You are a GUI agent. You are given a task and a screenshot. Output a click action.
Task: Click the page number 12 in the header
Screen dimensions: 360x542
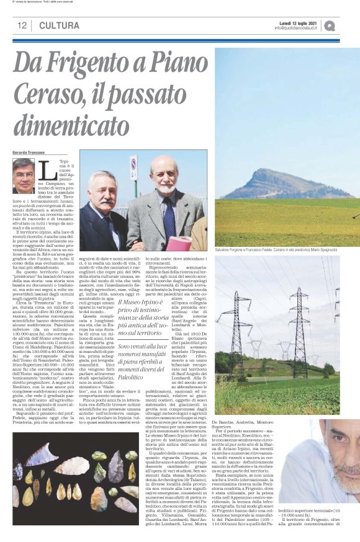[x=21, y=26]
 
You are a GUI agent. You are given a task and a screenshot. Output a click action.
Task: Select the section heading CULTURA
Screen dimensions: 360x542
[x=59, y=26]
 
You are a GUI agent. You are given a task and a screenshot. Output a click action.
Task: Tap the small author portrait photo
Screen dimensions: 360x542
[x=24, y=176]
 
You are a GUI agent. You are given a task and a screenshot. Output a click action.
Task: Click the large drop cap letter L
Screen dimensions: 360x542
[x=46, y=168]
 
